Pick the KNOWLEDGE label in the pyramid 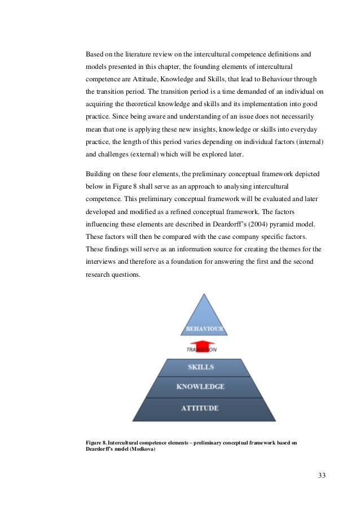pyautogui.click(x=200, y=387)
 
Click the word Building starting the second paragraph pyautogui.click(x=98, y=173)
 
